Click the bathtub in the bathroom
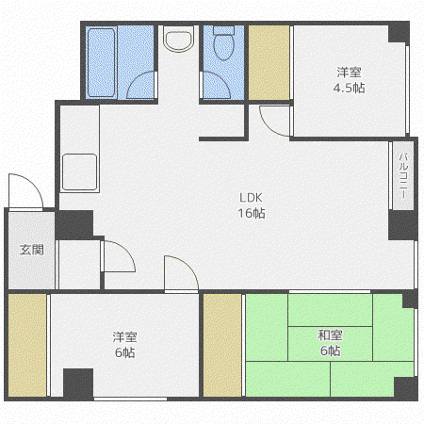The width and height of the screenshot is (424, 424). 101,63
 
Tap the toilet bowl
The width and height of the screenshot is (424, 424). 223,43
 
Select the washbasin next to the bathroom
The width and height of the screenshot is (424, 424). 178,39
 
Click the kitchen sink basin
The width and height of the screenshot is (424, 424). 79,172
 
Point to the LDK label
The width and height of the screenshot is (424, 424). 251,198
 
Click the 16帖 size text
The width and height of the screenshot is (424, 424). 252,213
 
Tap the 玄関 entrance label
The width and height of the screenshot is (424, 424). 31,250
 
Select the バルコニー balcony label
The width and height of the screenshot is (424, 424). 403,175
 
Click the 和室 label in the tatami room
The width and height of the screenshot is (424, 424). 330,335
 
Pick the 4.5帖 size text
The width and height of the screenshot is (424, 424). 349,88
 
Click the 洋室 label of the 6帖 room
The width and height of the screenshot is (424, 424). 124,337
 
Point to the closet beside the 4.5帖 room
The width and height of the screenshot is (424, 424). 269,63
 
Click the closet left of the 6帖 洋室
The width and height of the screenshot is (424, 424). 27,345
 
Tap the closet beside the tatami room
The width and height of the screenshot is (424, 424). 222,345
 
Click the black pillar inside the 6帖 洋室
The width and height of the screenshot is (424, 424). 78,383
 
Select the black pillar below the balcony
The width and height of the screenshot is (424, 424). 403,225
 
